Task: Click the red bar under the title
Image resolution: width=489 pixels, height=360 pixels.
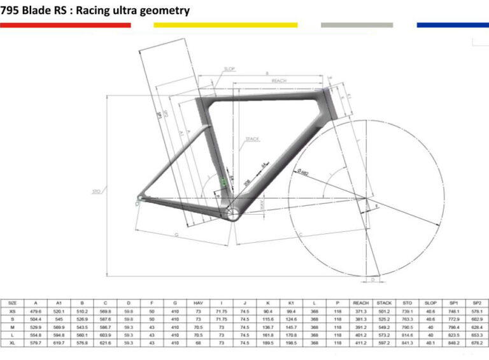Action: tap(66, 25)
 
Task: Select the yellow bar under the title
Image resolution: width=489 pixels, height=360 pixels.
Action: tap(225, 25)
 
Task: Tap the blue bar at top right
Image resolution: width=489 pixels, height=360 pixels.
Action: tap(453, 25)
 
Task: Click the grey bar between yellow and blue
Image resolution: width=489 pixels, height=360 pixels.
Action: tap(357, 25)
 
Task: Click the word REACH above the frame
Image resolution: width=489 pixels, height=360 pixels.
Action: tap(278, 81)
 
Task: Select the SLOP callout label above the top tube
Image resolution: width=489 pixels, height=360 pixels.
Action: tap(229, 69)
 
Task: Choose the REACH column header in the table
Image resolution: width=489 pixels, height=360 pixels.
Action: tap(360, 303)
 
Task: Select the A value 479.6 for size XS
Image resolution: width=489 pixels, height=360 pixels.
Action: tap(37, 311)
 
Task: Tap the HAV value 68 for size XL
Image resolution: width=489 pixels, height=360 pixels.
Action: tap(198, 343)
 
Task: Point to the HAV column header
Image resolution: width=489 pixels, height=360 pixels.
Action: tap(198, 303)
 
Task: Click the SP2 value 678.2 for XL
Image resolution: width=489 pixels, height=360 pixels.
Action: tap(474, 343)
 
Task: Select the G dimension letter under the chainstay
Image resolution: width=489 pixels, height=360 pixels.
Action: tap(175, 234)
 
